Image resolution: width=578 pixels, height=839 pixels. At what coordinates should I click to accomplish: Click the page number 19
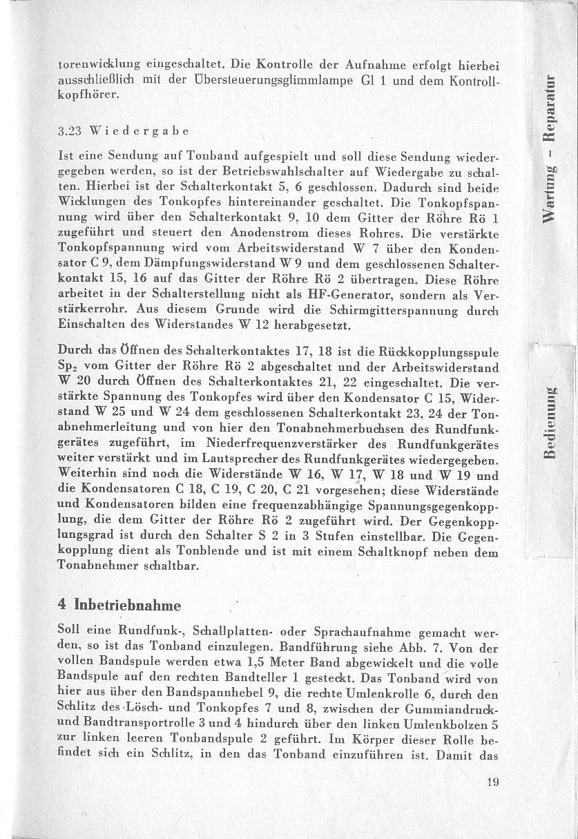pyautogui.click(x=492, y=782)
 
